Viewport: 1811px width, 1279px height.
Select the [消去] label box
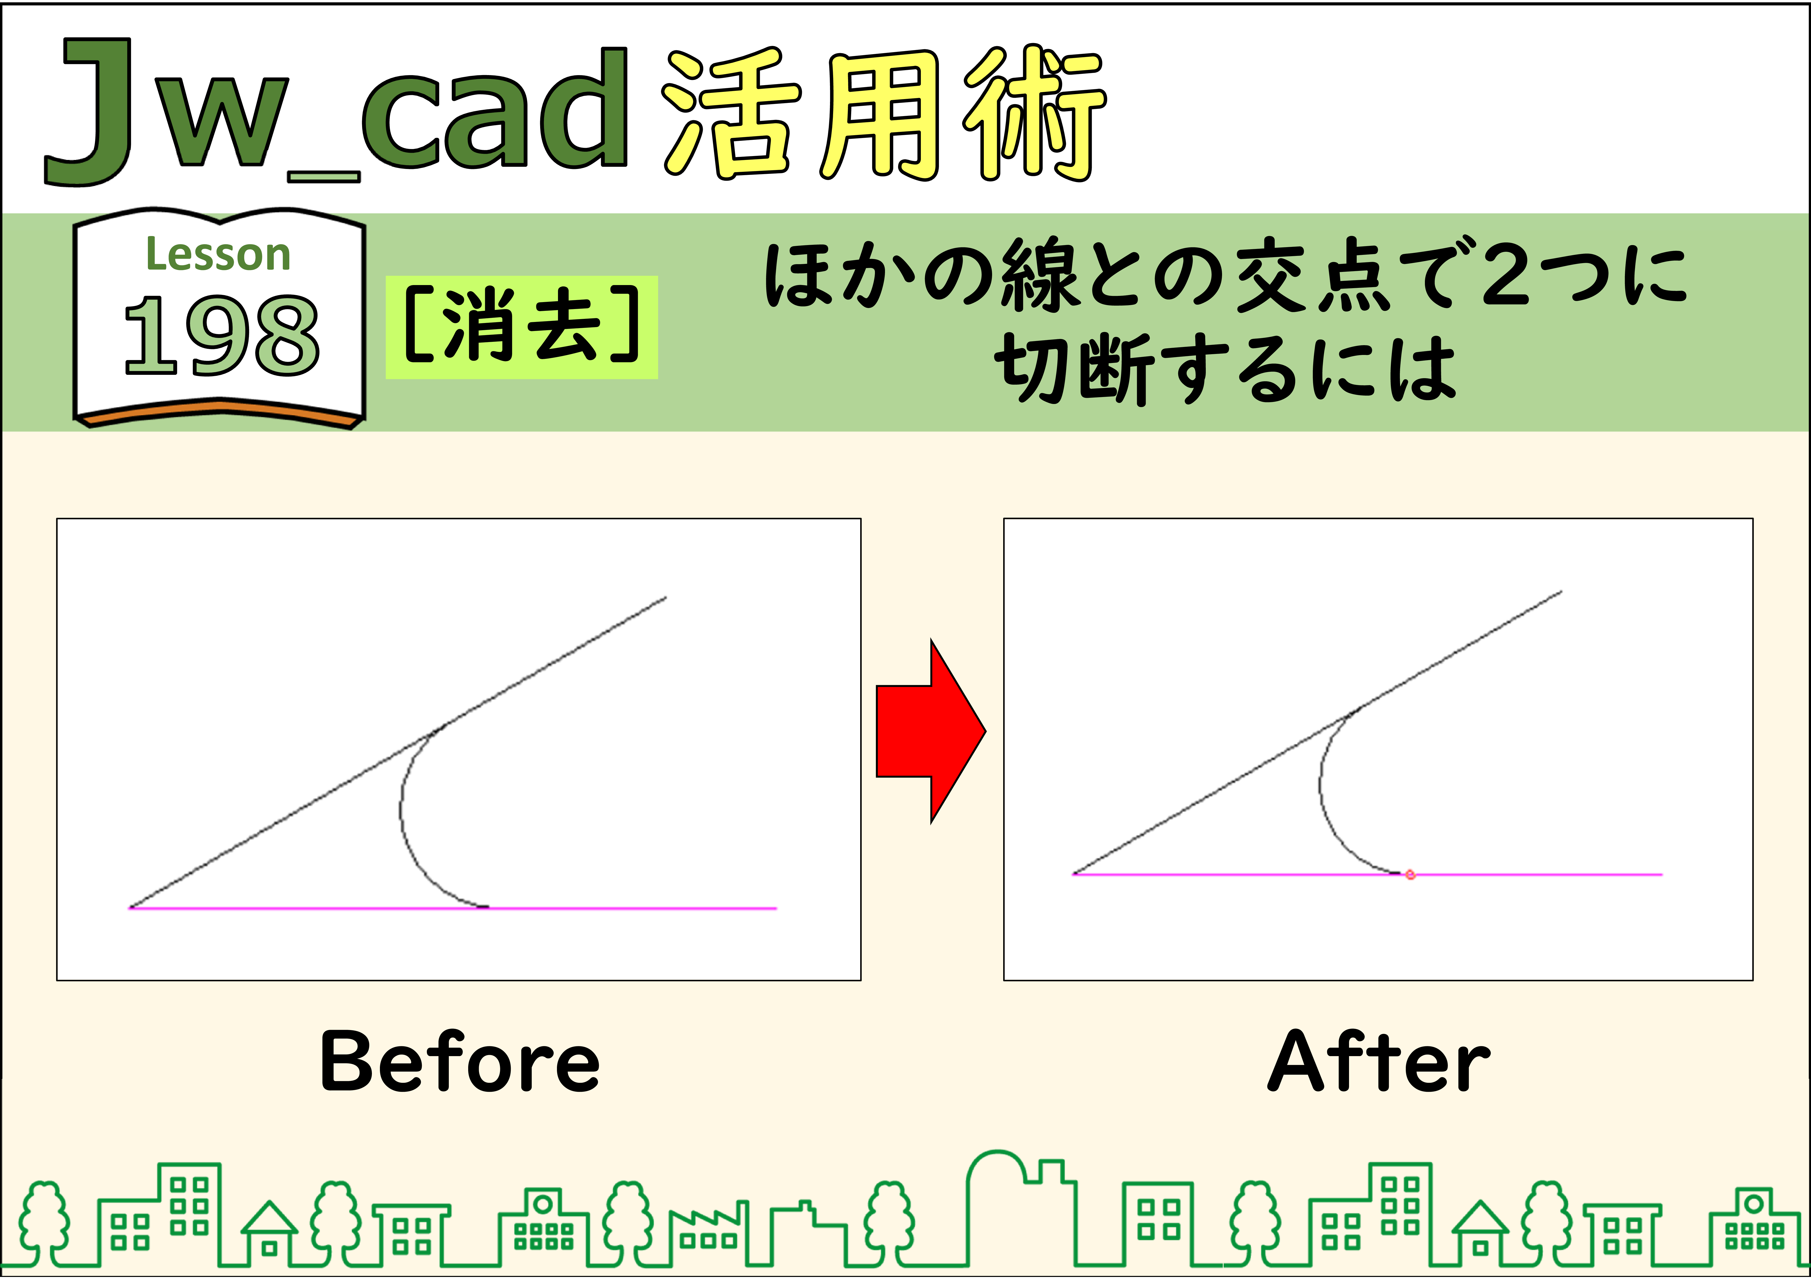(x=521, y=327)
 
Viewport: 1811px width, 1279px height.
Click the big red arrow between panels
(x=931, y=731)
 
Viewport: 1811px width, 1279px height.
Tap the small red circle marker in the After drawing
(x=1410, y=875)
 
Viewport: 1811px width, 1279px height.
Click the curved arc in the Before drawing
(x=401, y=812)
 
